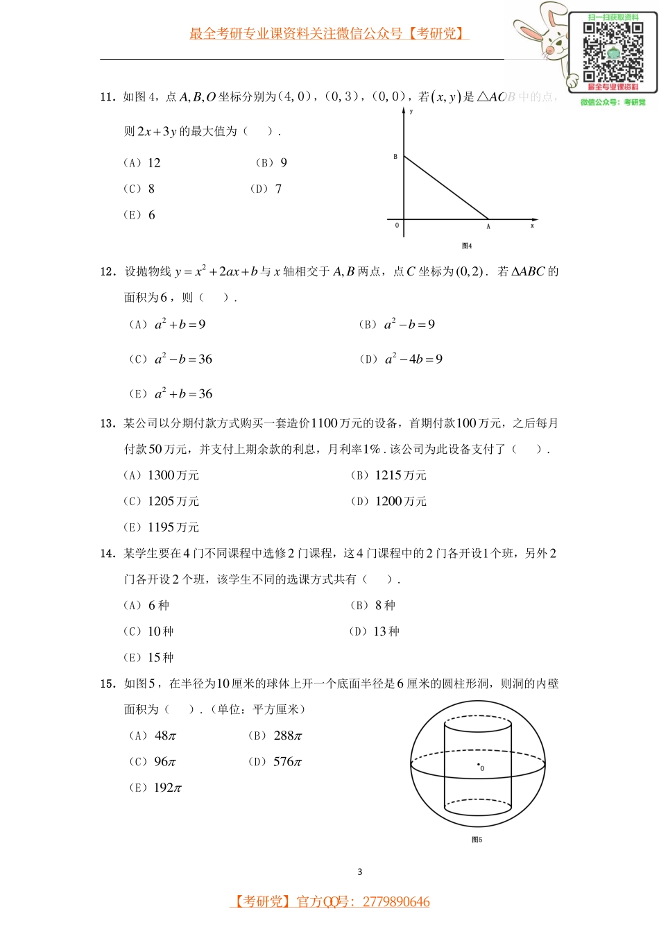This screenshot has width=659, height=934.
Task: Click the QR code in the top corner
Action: pos(613,51)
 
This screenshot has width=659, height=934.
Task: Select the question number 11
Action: pos(107,97)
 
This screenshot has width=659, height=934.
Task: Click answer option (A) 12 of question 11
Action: pos(142,163)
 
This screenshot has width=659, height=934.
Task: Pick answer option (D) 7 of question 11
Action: pos(266,189)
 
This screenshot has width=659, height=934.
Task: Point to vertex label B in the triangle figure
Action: pos(395,157)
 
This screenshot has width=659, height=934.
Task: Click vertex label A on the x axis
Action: pos(488,226)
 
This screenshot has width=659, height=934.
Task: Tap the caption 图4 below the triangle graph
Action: pos(467,246)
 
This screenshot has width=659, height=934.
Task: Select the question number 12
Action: pos(107,271)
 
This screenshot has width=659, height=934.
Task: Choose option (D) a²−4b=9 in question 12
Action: pos(401,359)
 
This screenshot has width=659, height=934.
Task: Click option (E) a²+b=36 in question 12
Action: pos(171,394)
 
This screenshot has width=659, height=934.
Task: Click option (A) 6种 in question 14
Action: pos(146,606)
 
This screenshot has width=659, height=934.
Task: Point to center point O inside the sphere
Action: pos(479,765)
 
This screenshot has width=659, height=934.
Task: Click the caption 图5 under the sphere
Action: pos(477,840)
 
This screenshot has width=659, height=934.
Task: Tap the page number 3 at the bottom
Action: pos(359,872)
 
